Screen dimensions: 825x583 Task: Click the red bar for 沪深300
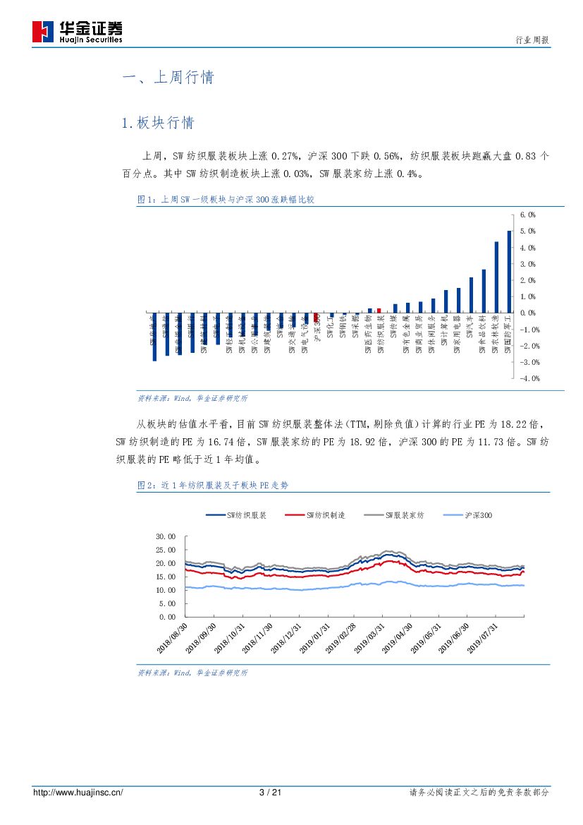tap(317, 316)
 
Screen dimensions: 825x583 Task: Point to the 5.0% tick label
tap(528, 231)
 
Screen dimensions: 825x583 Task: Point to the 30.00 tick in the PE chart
tap(165, 536)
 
